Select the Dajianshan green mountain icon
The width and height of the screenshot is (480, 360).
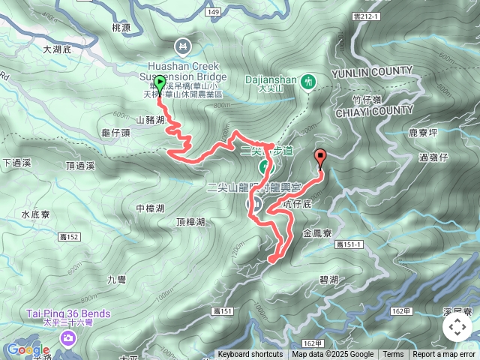click(307, 80)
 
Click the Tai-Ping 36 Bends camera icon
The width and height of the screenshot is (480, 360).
click(68, 340)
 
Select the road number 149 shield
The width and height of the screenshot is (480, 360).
click(213, 12)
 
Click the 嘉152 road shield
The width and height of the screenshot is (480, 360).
click(69, 237)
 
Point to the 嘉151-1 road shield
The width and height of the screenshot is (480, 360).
click(349, 244)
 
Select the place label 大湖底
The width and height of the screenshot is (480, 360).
click(56, 49)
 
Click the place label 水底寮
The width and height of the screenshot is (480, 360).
click(35, 214)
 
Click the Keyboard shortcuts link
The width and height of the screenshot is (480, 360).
click(250, 355)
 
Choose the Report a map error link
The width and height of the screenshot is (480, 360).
click(444, 355)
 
